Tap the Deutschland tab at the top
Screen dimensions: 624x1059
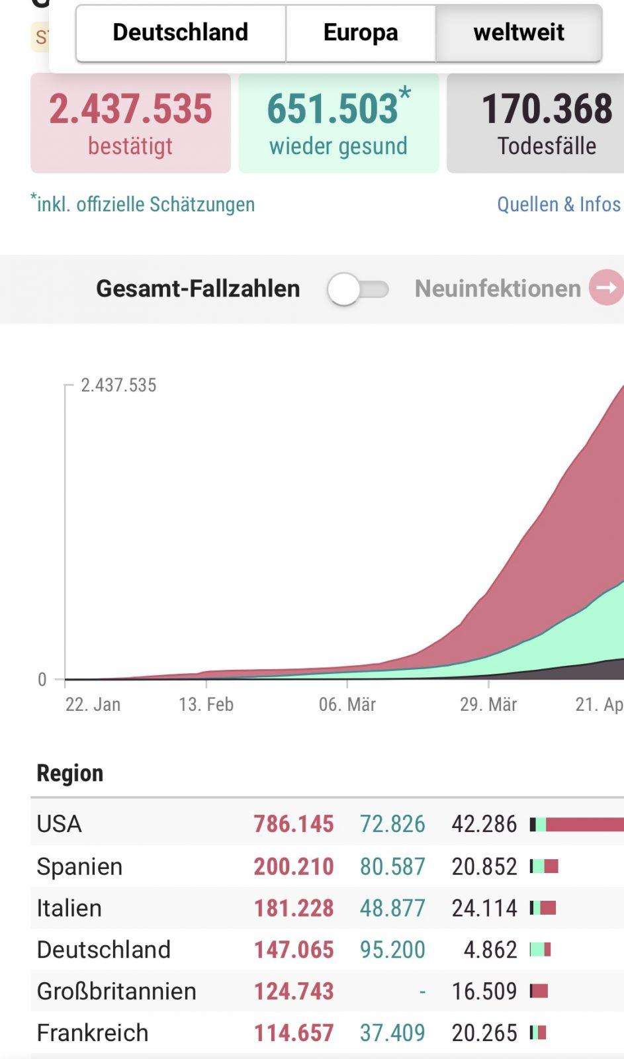click(181, 32)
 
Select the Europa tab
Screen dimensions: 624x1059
click(361, 32)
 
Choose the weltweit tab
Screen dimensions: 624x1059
click(519, 32)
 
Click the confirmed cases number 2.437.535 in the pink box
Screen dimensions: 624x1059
click(130, 109)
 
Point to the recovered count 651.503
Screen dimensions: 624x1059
click(333, 109)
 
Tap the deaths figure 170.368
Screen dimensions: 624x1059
click(547, 109)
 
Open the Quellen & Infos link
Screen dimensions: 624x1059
click(558, 205)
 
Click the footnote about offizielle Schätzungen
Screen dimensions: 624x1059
click(143, 204)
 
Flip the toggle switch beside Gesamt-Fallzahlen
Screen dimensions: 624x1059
click(358, 289)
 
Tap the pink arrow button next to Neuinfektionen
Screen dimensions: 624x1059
click(607, 287)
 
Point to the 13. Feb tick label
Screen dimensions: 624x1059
click(206, 704)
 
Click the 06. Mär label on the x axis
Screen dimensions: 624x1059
click(347, 704)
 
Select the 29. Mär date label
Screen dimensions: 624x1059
click(488, 704)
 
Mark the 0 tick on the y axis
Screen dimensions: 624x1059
click(42, 680)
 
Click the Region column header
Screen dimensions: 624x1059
click(70, 774)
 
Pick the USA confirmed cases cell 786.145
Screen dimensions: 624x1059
click(294, 824)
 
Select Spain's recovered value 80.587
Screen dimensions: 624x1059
click(392, 866)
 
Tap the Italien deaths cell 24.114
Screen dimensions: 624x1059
click(484, 908)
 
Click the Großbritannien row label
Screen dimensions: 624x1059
click(116, 991)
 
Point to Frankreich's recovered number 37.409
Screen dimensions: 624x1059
click(392, 1033)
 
